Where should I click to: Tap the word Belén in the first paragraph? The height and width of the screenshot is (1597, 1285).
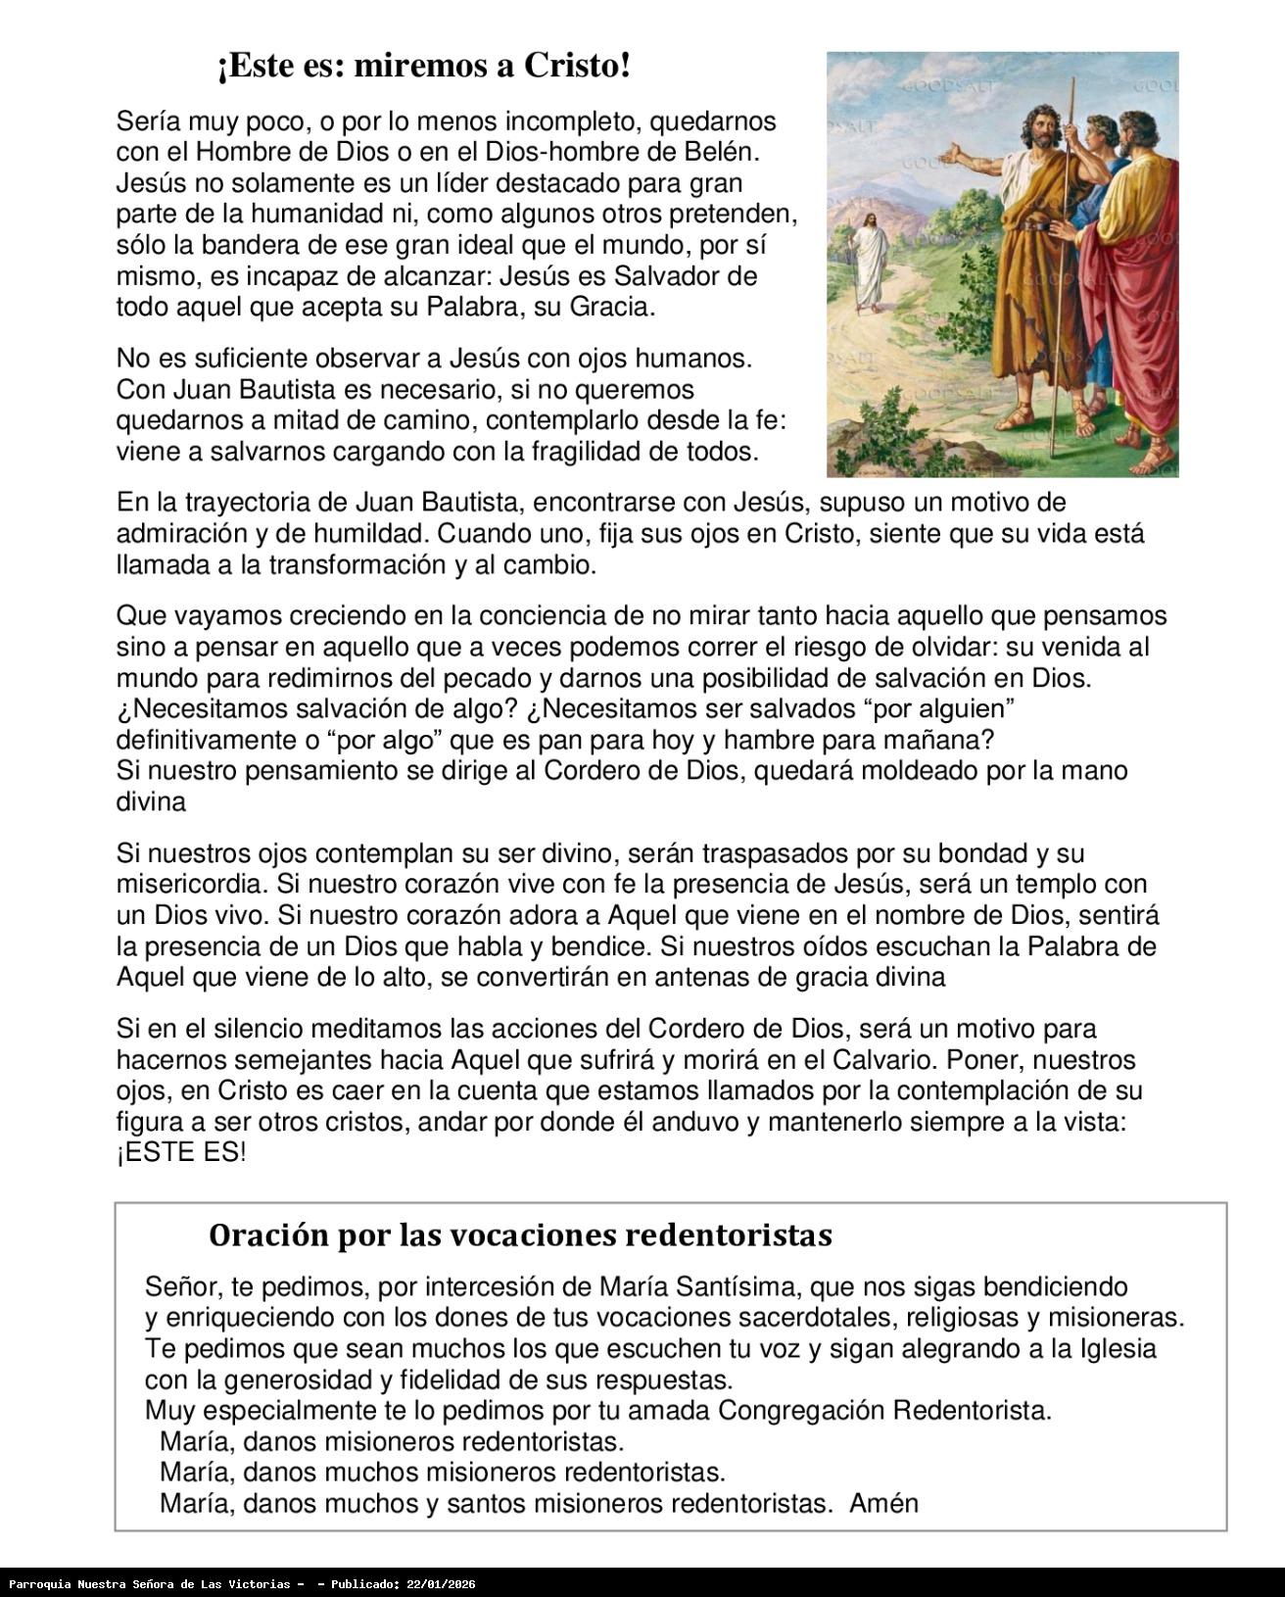(723, 152)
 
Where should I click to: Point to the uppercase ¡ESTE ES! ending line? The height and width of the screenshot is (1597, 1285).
(181, 1153)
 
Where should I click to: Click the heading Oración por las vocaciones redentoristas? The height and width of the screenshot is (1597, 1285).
(520, 1235)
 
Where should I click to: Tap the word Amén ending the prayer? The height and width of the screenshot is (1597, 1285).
(883, 1503)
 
